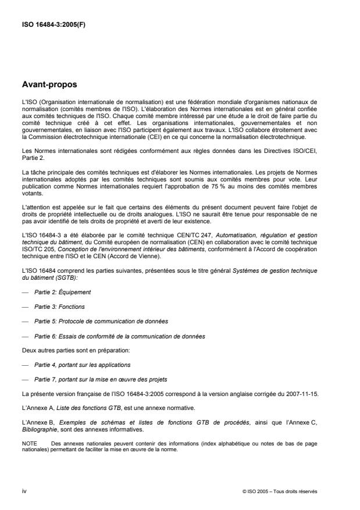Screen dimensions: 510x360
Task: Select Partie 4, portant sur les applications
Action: coord(82,365)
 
